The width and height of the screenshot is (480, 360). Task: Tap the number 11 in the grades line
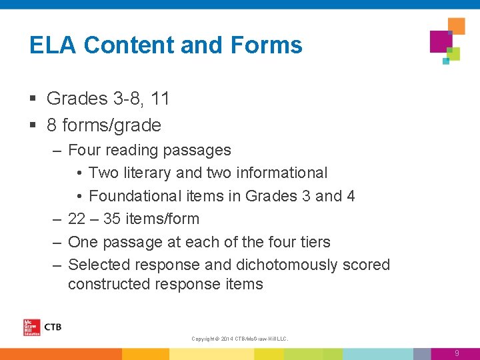point(160,99)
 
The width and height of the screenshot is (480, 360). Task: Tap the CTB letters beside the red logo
point(52,327)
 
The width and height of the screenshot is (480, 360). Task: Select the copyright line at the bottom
point(239,339)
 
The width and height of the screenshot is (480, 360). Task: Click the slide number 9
point(457,353)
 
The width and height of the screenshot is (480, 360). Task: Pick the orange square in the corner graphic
point(457,26)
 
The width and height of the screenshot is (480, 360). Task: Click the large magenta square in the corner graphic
point(441,41)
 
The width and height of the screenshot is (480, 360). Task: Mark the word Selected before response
point(101,265)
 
